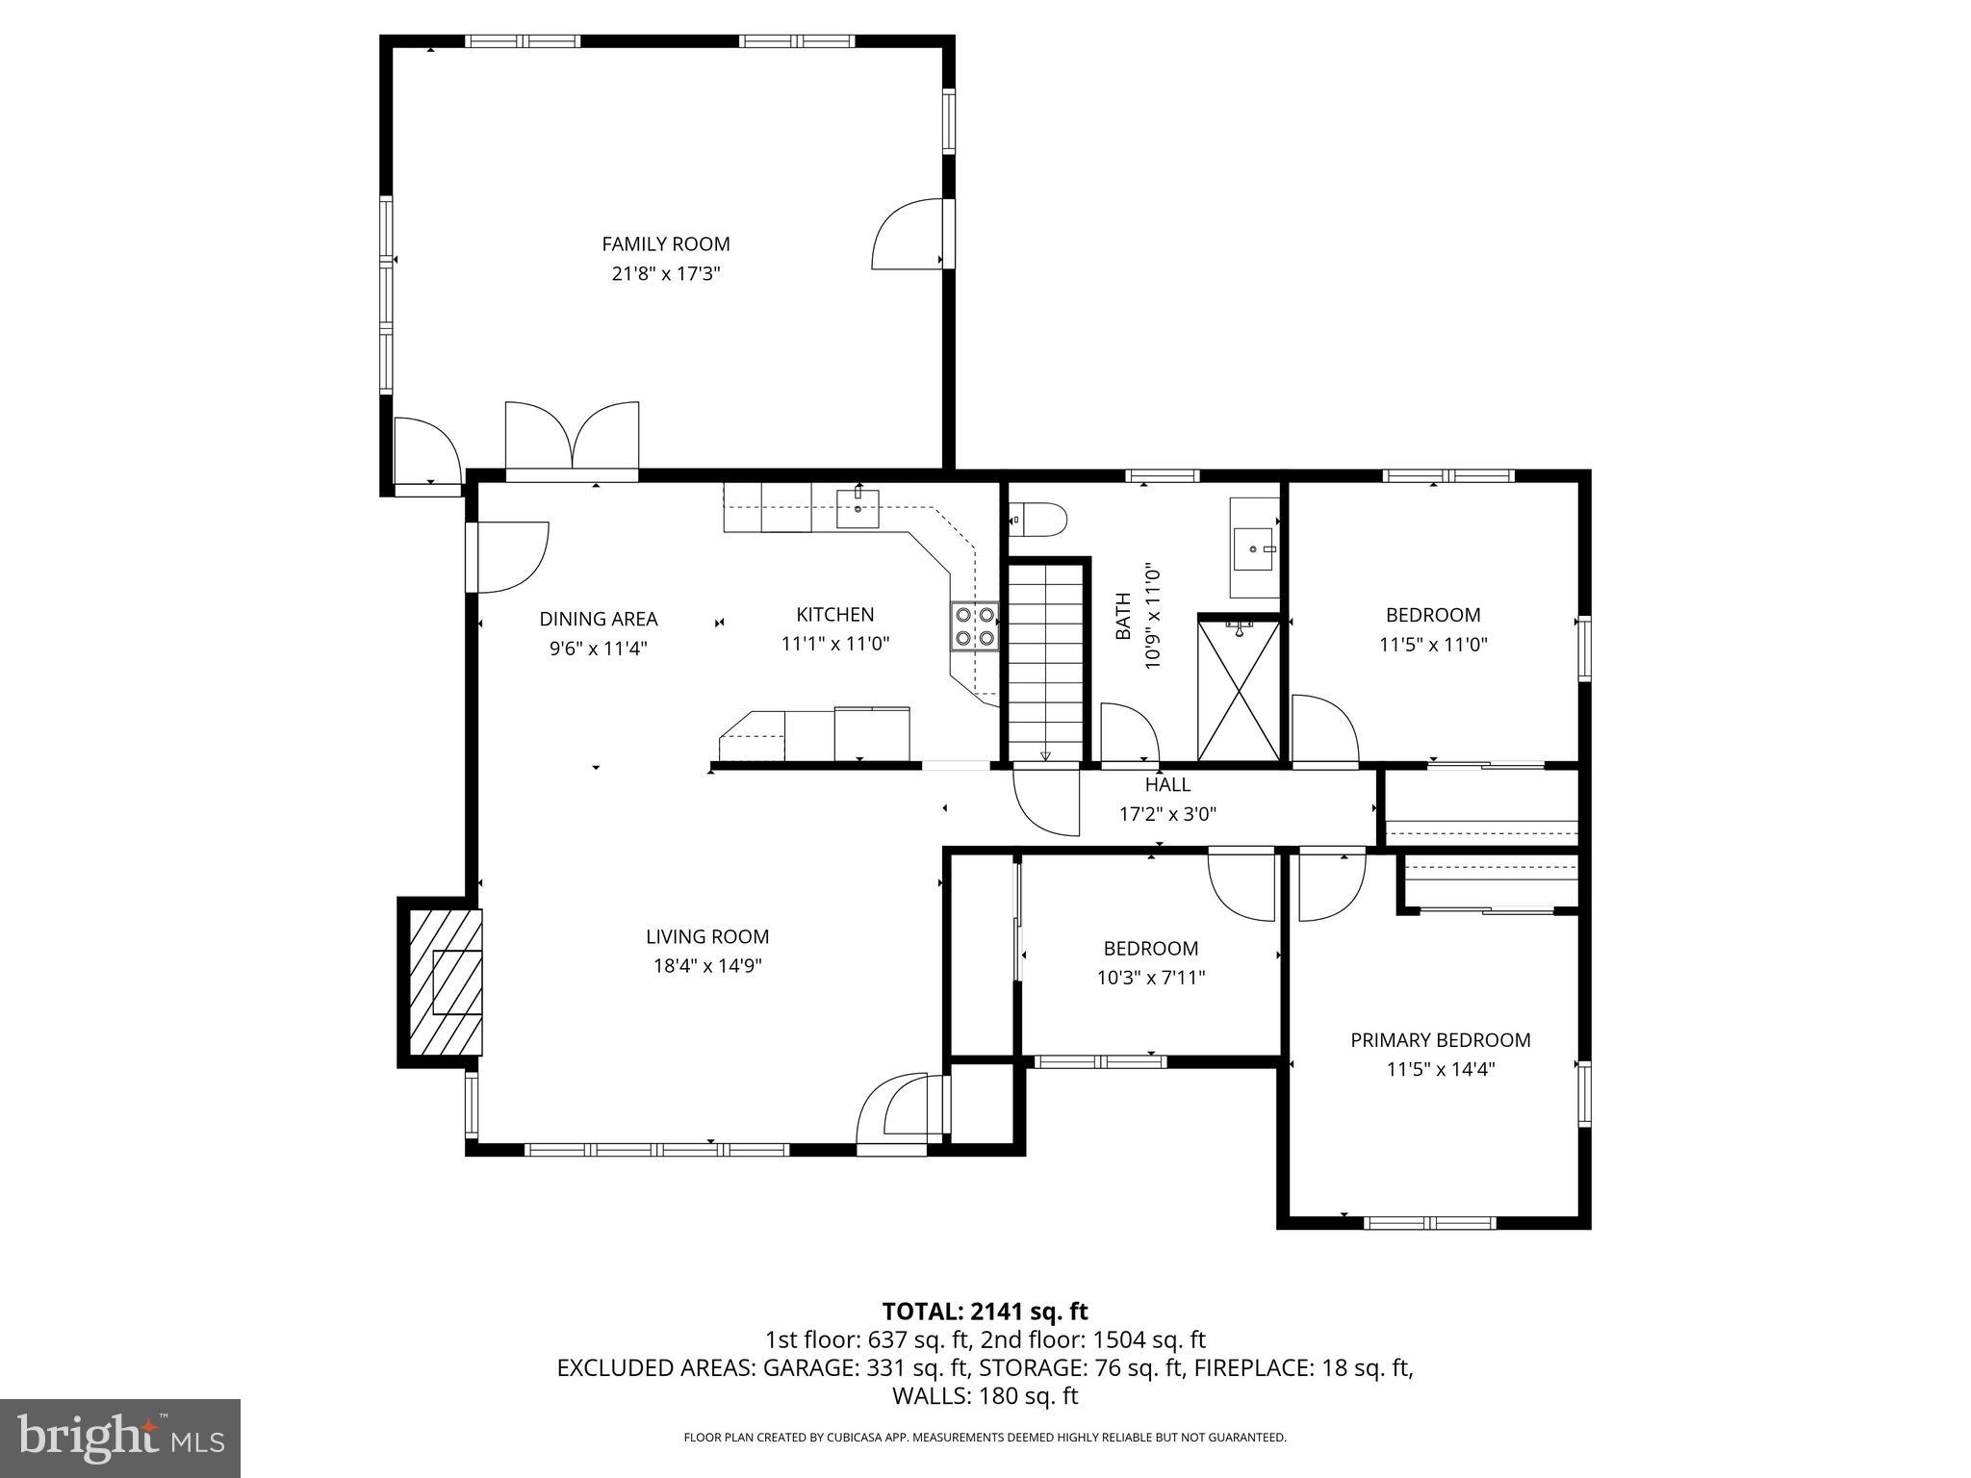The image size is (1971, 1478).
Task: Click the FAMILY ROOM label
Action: (665, 244)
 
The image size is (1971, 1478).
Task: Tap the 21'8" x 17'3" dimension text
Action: (665, 273)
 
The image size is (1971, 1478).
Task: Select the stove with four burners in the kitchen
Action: (974, 626)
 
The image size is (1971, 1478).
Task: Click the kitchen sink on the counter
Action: (858, 508)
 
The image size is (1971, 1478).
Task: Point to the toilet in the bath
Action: (1040, 520)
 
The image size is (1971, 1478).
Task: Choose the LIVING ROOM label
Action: (707, 936)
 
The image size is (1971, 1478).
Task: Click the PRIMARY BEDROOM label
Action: (1440, 1039)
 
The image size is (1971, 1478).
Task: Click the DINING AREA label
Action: (598, 619)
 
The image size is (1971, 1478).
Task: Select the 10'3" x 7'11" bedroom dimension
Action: (1151, 978)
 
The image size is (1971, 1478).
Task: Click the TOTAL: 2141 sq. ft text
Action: (985, 1311)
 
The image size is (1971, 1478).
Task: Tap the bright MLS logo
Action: (120, 1438)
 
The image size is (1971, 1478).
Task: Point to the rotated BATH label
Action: (1123, 617)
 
